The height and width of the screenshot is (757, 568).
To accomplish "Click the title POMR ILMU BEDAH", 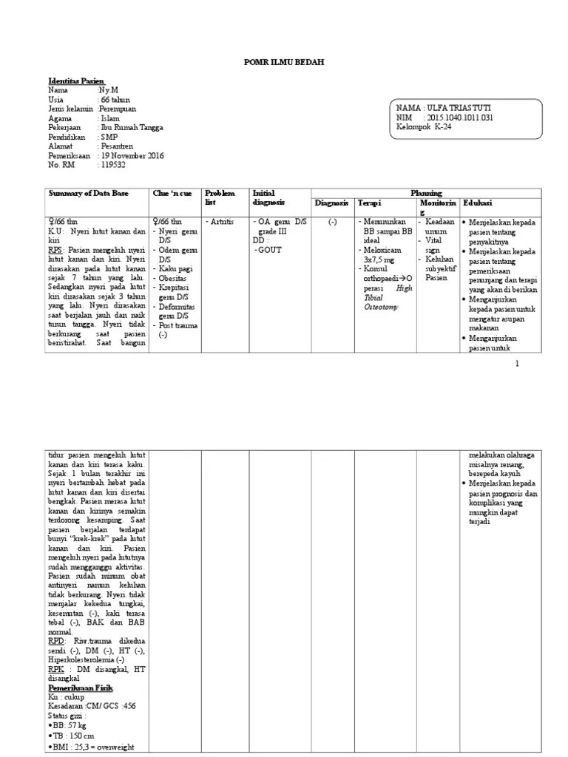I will pyautogui.click(x=284, y=63).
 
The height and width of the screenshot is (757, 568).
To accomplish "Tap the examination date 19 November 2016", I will pyautogui.click(x=132, y=156).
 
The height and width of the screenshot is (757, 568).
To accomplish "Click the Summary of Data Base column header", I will pyautogui.click(x=88, y=194).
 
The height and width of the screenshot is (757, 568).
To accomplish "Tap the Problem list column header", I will pyautogui.click(x=219, y=197).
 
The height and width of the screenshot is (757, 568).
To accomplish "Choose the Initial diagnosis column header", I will pyautogui.click(x=268, y=197).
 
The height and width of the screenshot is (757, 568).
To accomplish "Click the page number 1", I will pyautogui.click(x=517, y=363).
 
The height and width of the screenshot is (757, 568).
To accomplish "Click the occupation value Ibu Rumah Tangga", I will pyautogui.click(x=133, y=127).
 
